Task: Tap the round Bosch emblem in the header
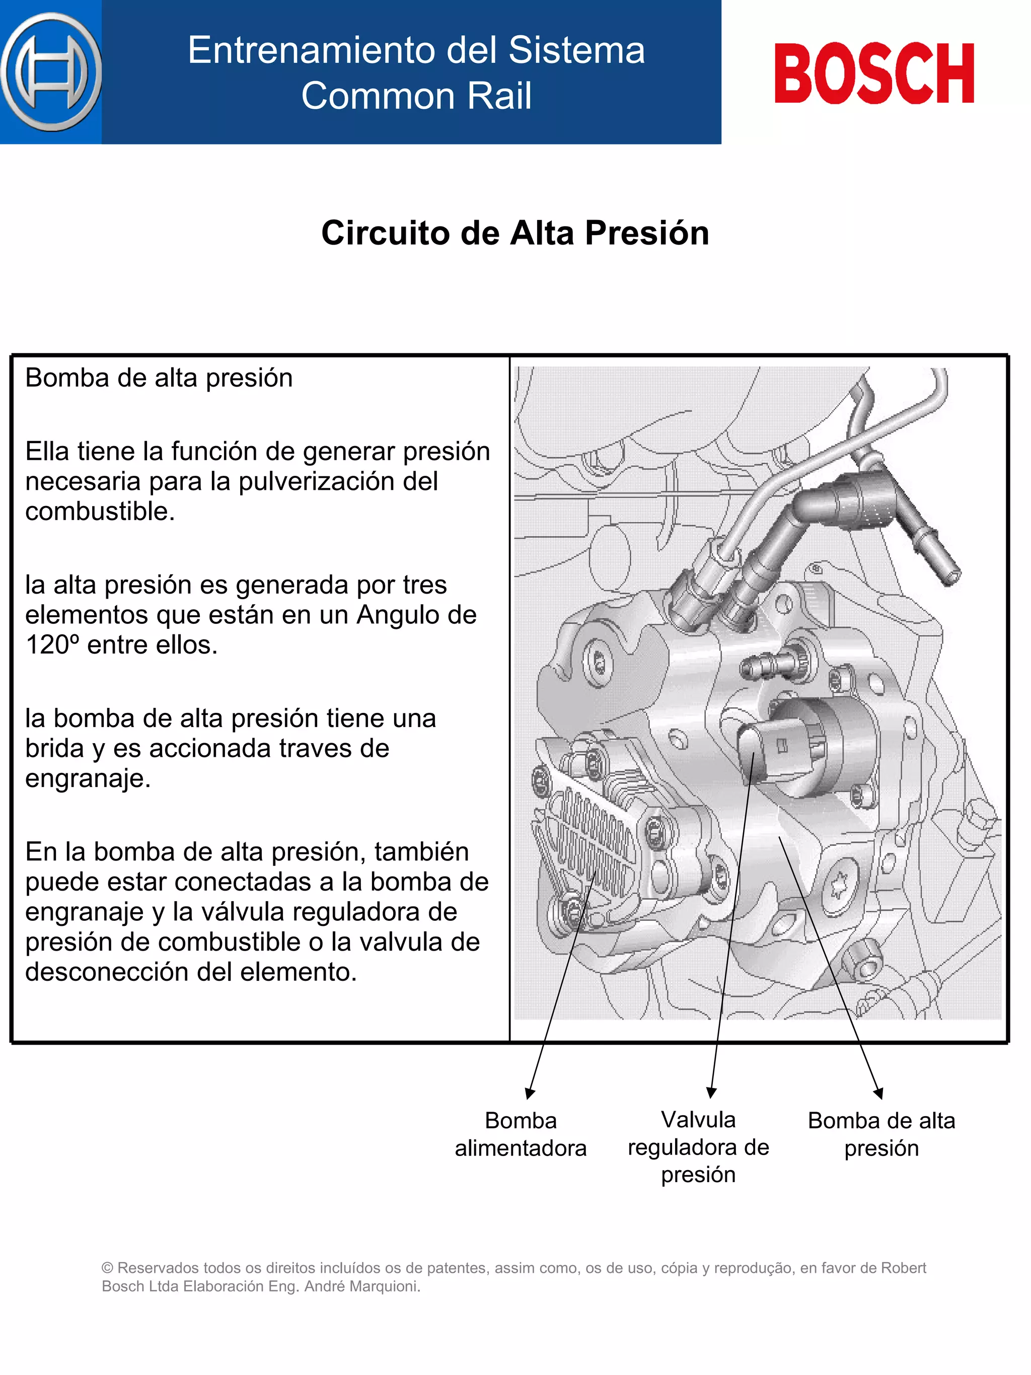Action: (x=51, y=72)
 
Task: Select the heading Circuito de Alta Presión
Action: (x=515, y=233)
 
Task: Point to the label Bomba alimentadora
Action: (x=520, y=1134)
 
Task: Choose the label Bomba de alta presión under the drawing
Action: (x=880, y=1134)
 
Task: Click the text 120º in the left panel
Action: (x=52, y=645)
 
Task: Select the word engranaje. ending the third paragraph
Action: (x=88, y=778)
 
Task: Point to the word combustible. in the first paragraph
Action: (x=100, y=512)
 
